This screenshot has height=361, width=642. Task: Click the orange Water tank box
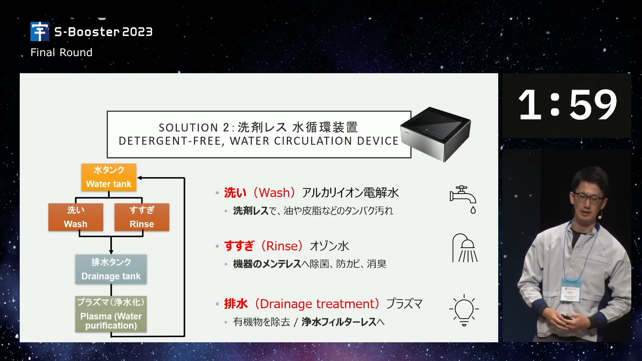click(x=109, y=177)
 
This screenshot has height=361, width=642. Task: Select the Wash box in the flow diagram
click(x=76, y=217)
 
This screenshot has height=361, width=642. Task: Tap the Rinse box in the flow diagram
click(x=142, y=217)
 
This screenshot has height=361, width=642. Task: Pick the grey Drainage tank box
click(x=111, y=269)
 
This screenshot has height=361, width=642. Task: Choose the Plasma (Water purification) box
click(x=111, y=314)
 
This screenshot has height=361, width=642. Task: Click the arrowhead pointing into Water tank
click(x=140, y=178)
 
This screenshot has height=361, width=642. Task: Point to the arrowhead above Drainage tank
click(x=111, y=252)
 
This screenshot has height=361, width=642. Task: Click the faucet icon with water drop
click(x=463, y=200)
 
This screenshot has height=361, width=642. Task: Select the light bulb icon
click(x=464, y=310)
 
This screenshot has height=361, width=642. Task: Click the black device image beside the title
click(x=436, y=134)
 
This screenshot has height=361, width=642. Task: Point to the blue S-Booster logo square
click(x=40, y=31)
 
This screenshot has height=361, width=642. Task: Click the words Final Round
click(x=62, y=52)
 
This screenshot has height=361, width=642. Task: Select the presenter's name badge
click(x=571, y=290)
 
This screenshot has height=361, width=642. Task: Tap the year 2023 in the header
click(x=137, y=32)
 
